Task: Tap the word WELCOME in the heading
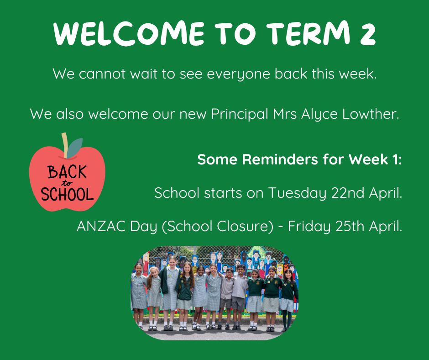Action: pyautogui.click(x=129, y=33)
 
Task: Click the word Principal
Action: pyautogui.click(x=240, y=114)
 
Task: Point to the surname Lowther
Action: pyautogui.click(x=371, y=113)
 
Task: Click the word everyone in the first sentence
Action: pyautogui.click(x=238, y=74)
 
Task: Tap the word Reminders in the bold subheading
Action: pyautogui.click(x=280, y=159)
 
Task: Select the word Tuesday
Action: pyautogui.click(x=297, y=193)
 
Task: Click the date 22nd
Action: pyautogui.click(x=348, y=193)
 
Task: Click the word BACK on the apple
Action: pyautogui.click(x=67, y=172)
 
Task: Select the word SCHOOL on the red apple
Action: pyautogui.click(x=67, y=194)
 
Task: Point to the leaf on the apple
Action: pyautogui.click(x=74, y=148)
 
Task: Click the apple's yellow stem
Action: pyautogui.click(x=65, y=145)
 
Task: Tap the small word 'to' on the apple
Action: pyautogui.click(x=67, y=183)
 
